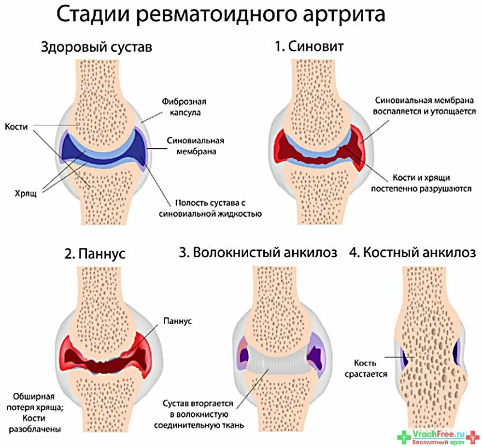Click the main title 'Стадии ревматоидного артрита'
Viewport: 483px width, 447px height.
click(221, 14)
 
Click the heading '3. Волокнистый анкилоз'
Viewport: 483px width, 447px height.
click(258, 252)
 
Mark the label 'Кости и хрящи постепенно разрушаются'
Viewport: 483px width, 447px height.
click(421, 183)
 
